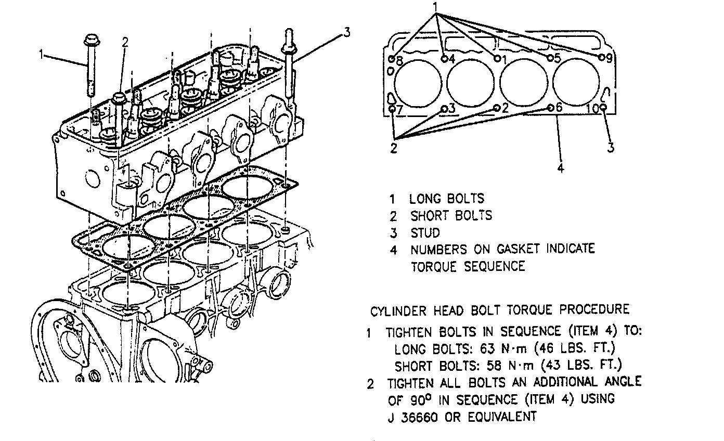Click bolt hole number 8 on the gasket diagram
pos(392,58)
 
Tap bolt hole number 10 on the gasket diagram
pos(603,108)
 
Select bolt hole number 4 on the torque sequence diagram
pos(445,58)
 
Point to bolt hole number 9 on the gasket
pos(601,57)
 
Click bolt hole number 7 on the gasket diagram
pos(392,109)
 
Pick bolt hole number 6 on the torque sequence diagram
pos(551,108)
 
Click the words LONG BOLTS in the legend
pos(447,198)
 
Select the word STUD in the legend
pos(425,232)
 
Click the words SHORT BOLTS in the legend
pos(451,215)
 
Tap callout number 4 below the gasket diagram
pos(561,167)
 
